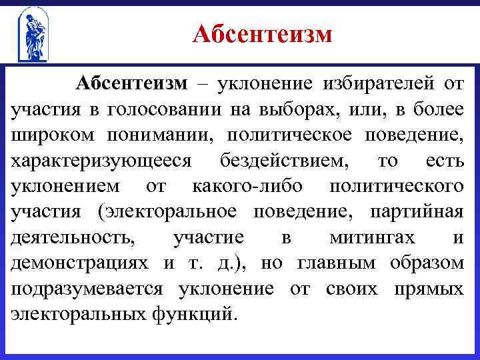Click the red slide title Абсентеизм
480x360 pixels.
(x=262, y=33)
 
